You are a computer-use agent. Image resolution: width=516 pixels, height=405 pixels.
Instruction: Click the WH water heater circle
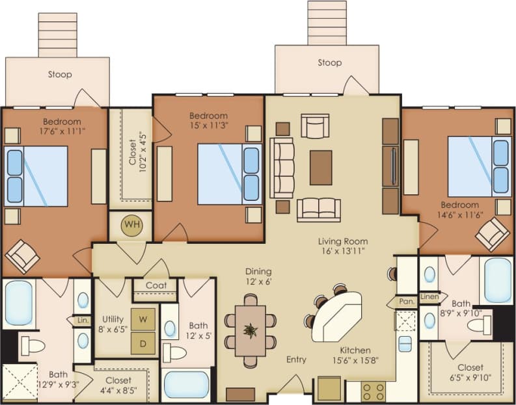(x=133, y=225)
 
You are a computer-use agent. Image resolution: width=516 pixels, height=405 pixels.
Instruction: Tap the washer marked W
(x=143, y=319)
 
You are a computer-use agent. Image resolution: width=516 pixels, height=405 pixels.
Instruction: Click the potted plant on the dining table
(x=251, y=330)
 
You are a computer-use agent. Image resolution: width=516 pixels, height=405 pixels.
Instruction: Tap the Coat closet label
(x=156, y=285)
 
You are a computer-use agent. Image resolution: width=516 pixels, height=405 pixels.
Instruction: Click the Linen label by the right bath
(x=429, y=296)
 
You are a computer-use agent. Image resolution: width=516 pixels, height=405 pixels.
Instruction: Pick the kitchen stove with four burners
(x=373, y=391)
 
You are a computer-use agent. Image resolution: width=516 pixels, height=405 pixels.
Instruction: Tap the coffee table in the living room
(x=321, y=167)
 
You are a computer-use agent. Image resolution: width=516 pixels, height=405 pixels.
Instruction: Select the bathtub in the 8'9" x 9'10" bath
(x=498, y=280)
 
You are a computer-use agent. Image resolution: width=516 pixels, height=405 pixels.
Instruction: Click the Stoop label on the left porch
(x=60, y=75)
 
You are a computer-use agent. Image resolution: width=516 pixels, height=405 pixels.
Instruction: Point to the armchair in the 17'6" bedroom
(x=23, y=256)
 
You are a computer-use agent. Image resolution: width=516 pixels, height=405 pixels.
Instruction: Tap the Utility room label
(x=113, y=319)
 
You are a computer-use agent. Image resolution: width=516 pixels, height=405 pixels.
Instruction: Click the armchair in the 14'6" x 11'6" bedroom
(x=493, y=233)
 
